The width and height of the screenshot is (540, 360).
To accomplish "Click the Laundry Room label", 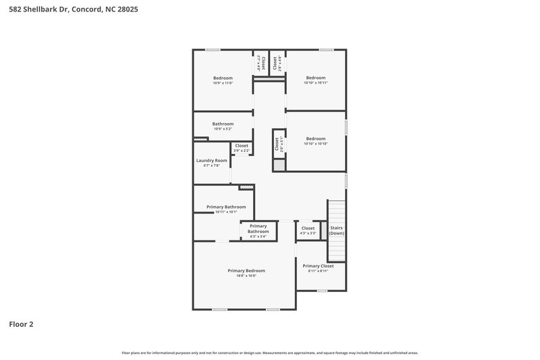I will (211, 160).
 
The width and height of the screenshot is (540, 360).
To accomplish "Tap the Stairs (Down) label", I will (336, 230).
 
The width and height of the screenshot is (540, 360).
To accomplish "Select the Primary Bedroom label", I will (246, 270).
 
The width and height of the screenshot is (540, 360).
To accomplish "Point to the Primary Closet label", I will (318, 265).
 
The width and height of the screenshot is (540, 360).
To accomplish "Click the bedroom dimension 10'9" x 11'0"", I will (223, 83).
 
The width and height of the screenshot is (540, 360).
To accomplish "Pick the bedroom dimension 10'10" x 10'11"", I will (315, 83).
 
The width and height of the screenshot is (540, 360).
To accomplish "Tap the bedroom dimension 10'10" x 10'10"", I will (315, 144).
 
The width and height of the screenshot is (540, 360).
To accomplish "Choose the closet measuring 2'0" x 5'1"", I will (277, 145).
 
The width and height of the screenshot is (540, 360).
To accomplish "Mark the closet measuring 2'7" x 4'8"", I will (260, 63).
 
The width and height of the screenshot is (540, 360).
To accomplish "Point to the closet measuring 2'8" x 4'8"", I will (277, 63).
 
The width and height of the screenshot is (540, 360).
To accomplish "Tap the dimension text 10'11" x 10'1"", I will (225, 212).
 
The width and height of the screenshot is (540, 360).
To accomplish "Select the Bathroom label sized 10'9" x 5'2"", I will (223, 124).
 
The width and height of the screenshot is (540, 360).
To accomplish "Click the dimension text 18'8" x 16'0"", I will (246, 276).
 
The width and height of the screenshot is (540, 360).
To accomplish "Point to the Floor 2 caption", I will (21, 324).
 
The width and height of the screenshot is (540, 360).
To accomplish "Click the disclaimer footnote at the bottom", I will (270, 353).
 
